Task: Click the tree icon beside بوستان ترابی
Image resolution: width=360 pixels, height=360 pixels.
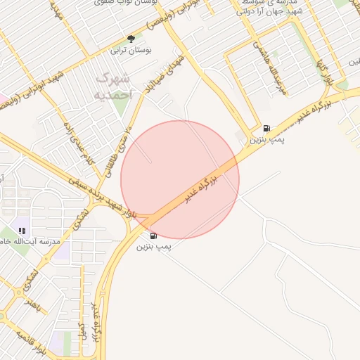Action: tap(131, 39)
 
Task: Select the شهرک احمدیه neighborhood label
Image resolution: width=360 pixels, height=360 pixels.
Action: tap(112, 85)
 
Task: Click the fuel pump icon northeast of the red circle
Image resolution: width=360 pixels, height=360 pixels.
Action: tap(266, 129)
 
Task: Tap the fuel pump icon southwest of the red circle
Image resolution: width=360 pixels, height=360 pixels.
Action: tap(153, 236)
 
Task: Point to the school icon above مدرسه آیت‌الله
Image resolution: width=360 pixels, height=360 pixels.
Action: tap(22, 231)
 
